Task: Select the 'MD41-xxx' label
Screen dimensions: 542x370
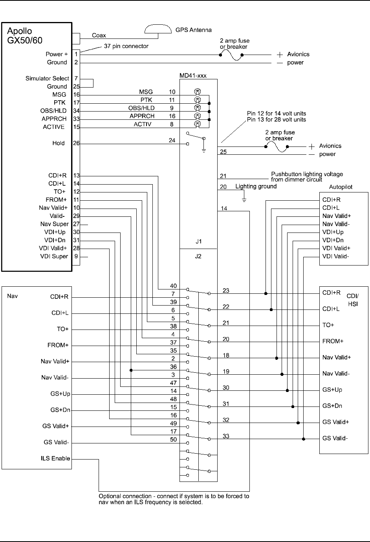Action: pos(193,75)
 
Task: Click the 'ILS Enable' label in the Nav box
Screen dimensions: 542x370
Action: pos(55,458)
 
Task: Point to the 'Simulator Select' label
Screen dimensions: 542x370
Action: pos(47,79)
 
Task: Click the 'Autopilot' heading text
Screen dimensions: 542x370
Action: pos(340,187)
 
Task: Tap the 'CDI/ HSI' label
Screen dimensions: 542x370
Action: pos(352,300)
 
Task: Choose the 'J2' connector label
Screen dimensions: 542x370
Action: pos(198,256)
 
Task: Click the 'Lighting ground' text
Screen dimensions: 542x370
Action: pos(256,187)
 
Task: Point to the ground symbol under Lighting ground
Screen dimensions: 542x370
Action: pos(244,200)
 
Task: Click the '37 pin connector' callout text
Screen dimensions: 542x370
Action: pos(126,46)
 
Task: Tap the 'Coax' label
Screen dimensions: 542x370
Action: pos(99,35)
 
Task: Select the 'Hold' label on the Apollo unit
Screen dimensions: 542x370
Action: pos(59,143)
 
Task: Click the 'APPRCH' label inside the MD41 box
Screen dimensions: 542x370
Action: pos(142,116)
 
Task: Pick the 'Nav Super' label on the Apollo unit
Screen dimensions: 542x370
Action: pos(54,224)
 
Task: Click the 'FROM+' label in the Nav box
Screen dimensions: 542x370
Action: pos(58,345)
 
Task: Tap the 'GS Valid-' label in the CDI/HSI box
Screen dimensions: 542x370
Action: pos(335,438)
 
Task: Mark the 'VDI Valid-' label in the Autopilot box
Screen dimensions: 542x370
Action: pos(335,256)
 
